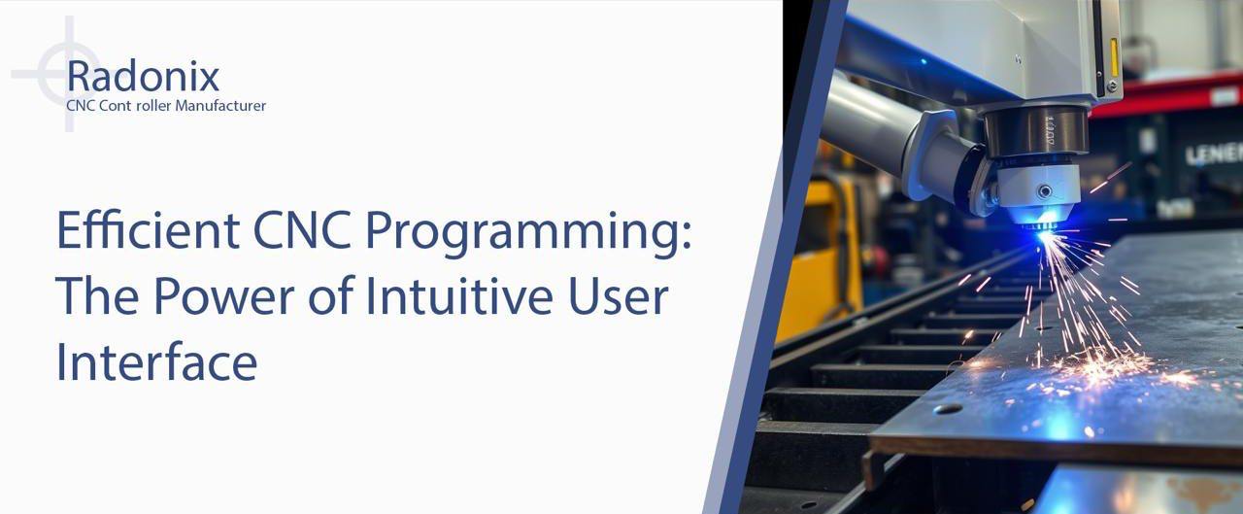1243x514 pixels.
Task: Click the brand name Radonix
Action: click(x=143, y=76)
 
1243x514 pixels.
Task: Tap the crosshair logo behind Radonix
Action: click(x=68, y=74)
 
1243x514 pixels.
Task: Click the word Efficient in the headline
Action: click(x=149, y=230)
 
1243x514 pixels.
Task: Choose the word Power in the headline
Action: click(x=223, y=296)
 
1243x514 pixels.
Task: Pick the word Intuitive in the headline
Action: click(x=459, y=295)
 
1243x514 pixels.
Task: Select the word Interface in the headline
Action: click(x=157, y=361)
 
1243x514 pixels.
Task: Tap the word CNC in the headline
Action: click(x=302, y=230)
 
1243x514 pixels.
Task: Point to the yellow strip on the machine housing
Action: click(x=1113, y=57)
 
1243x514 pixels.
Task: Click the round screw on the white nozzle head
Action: click(x=1045, y=191)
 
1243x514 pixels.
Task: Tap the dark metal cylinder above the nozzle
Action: click(x=1035, y=131)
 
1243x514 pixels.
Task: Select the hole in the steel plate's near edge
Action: click(x=948, y=409)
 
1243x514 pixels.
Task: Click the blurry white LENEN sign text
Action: click(x=1214, y=154)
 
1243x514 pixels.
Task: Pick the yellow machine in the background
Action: click(x=820, y=257)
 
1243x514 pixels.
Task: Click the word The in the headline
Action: click(x=97, y=296)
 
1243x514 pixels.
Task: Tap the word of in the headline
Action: click(x=331, y=295)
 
